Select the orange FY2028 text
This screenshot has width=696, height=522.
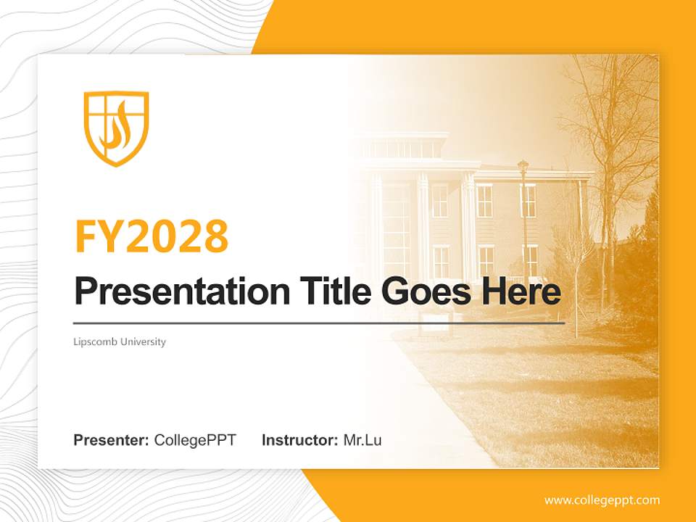(152, 236)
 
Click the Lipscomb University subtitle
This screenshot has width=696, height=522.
(120, 341)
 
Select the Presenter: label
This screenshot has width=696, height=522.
(112, 440)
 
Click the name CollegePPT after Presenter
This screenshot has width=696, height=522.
(195, 440)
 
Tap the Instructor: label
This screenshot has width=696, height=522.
(299, 440)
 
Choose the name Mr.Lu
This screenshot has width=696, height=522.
(362, 440)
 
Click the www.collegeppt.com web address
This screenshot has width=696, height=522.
(602, 500)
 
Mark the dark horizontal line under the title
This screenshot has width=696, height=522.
(319, 323)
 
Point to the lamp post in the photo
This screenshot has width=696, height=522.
(523, 217)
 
